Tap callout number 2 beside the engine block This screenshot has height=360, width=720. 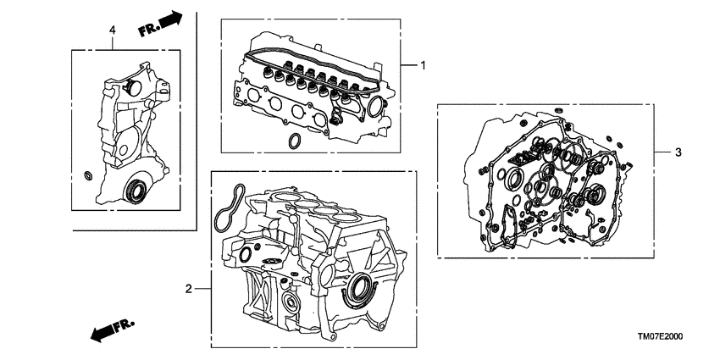tap(188, 289)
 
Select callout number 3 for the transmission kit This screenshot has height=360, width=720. tap(678, 152)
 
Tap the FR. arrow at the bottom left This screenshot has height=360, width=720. tap(108, 329)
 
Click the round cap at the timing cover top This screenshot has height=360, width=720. tap(130, 86)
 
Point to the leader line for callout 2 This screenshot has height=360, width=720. tap(203, 289)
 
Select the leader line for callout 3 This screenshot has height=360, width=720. tap(662, 152)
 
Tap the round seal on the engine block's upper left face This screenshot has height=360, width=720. tap(246, 254)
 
